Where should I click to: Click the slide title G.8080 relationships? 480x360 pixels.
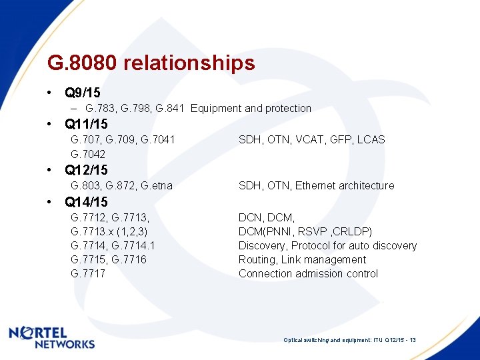click(x=151, y=63)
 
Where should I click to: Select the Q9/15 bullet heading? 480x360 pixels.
click(x=83, y=92)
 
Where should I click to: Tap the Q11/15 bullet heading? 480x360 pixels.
click(x=86, y=124)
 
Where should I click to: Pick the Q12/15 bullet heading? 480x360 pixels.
click(x=86, y=170)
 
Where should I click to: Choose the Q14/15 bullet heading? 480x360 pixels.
click(x=86, y=202)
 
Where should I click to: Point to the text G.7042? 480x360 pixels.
click(x=88, y=154)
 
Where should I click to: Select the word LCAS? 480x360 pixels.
click(x=371, y=139)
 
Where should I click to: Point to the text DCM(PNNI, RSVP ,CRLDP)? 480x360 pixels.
click(x=305, y=231)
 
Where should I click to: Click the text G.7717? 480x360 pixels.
click(x=88, y=273)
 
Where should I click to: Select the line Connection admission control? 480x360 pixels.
click(x=308, y=273)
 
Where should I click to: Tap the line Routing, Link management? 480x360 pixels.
click(x=302, y=259)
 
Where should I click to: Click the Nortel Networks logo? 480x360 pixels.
click(x=51, y=337)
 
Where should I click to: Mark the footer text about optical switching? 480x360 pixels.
click(x=349, y=340)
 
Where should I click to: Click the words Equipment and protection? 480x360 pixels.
click(x=251, y=108)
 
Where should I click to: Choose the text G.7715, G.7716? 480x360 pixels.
click(x=109, y=259)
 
